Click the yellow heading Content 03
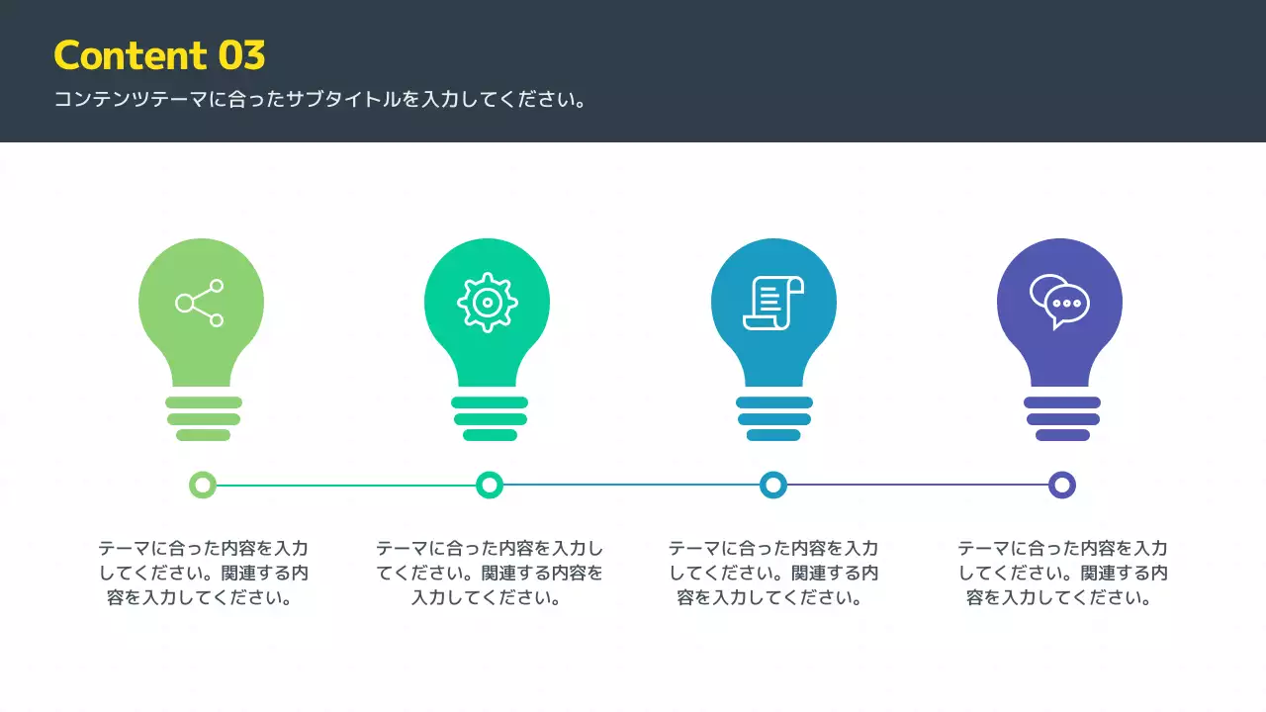point(159,55)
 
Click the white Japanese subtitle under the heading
point(320,100)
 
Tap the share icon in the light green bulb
point(200,303)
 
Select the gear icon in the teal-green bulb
point(487,302)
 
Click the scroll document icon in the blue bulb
point(773,303)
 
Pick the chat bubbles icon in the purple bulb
point(1059,302)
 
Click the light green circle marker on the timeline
point(203,485)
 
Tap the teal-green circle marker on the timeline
point(490,485)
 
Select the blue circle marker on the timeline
point(773,485)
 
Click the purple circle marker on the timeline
point(1061,485)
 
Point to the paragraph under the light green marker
point(203,573)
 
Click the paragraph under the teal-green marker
point(489,573)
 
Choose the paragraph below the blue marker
point(772,573)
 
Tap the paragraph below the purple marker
point(1062,573)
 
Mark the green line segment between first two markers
point(346,485)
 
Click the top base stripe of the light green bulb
point(204,402)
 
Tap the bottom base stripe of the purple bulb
point(1062,435)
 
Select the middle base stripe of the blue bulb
point(774,419)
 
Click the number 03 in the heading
point(241,55)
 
